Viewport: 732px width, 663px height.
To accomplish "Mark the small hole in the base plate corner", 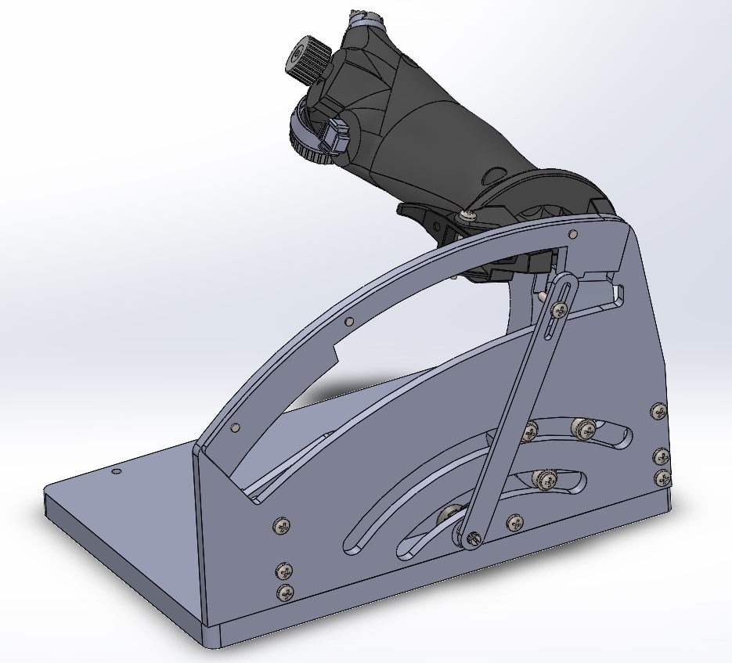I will pos(116,472).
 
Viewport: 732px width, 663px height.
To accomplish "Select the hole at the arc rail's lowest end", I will pos(236,427).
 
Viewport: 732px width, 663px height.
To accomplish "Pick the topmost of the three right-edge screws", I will pos(658,411).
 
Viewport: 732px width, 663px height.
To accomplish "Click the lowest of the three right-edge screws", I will pos(662,477).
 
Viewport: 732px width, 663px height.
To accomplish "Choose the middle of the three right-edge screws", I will pos(662,456).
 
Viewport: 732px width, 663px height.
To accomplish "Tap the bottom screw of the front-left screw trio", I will pos(287,593).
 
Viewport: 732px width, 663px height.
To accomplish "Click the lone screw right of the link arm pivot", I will pos(514,523).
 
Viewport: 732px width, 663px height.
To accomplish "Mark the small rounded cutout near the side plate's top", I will pos(619,294).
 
